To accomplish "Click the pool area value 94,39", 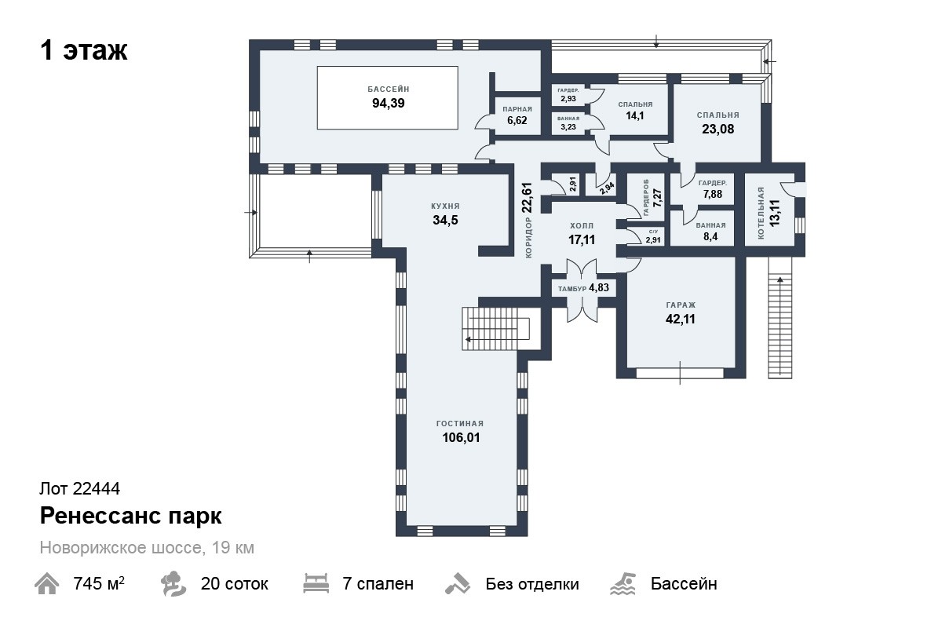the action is pos(388,104).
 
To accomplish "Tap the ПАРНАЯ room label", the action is pos(517,109).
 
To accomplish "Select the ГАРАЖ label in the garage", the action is pos(681,305).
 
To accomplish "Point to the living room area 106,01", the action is pos(461,438).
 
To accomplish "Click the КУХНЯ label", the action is pos(445,206).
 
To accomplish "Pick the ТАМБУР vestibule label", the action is pos(572,289).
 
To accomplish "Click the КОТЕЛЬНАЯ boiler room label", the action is pos(761,214).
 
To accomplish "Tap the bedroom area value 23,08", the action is pos(717,130).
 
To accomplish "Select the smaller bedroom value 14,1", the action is pos(635,115).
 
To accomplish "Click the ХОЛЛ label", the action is pos(582,226).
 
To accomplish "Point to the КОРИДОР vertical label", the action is pos(528,238).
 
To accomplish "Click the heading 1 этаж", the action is pos(84,51).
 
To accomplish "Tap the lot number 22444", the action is pos(97,489).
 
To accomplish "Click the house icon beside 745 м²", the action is pos(46,584).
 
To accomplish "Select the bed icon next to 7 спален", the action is pos(316,583).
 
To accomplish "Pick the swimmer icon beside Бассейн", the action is pos(623,584).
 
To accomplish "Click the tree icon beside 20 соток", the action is pos(173,584).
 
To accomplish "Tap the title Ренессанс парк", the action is pos(131,516).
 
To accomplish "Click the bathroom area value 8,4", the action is pos(710,237).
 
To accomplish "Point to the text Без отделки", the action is pos(532,584).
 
